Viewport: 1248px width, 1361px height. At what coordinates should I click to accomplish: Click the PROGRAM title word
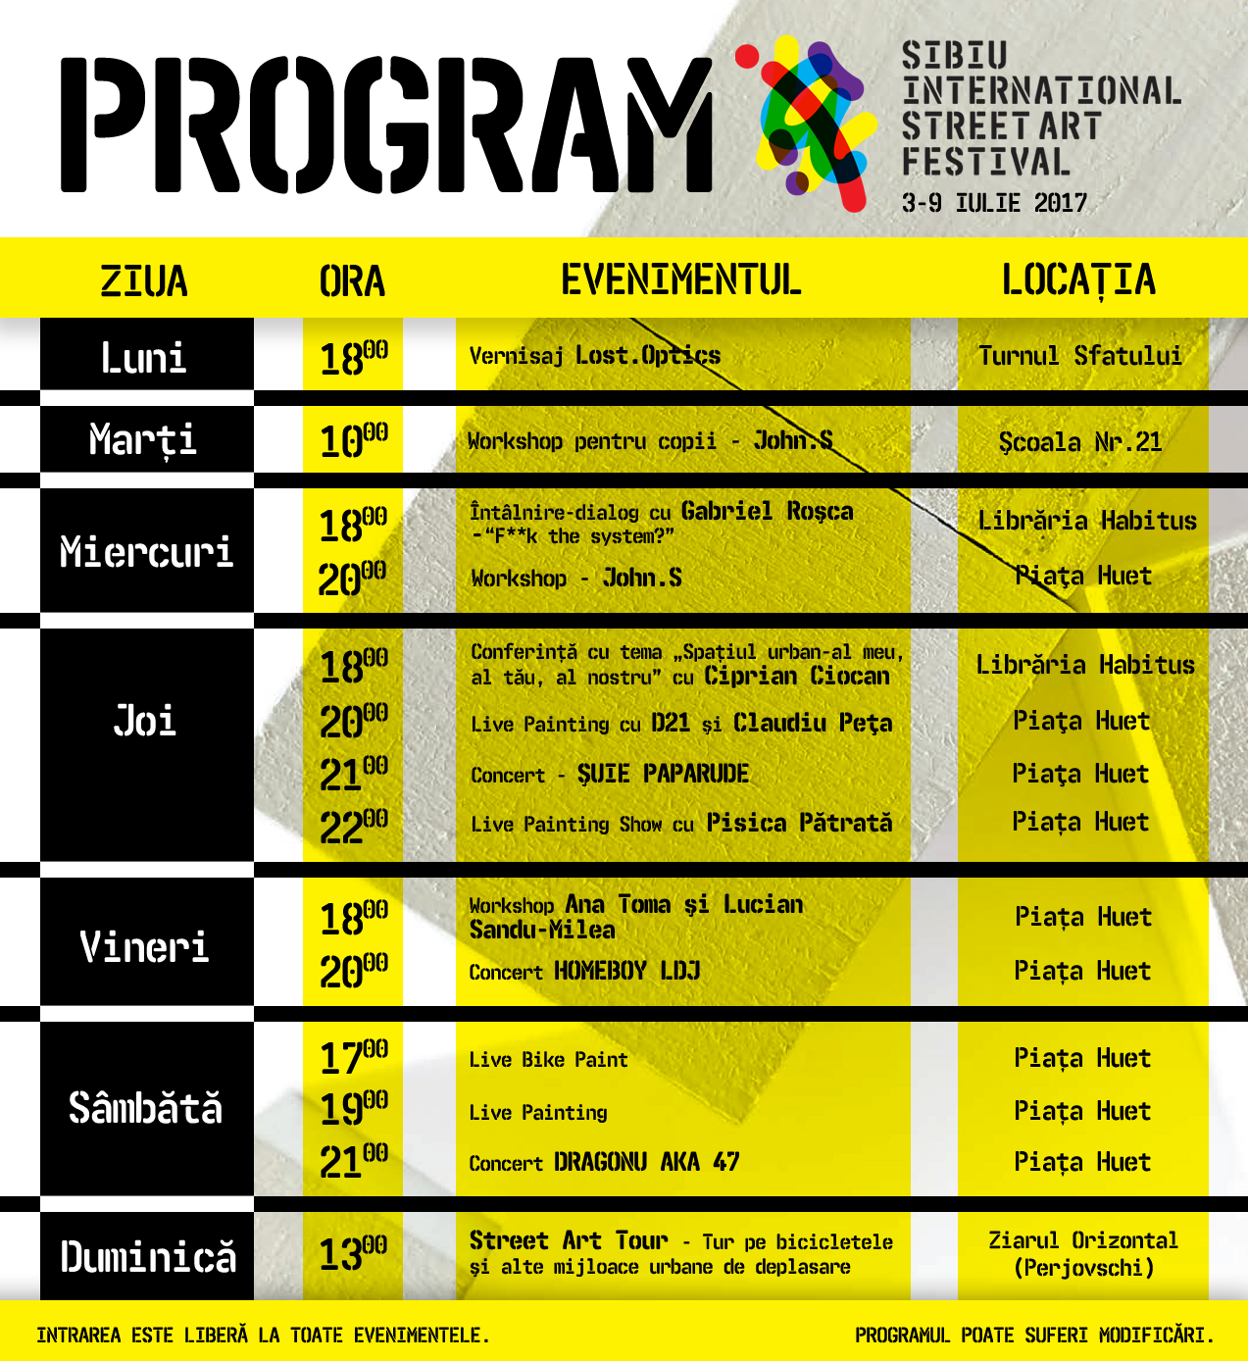point(387,124)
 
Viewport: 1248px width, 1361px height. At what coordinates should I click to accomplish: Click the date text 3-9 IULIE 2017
point(994,204)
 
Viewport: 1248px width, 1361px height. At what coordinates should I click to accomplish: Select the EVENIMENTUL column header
point(681,280)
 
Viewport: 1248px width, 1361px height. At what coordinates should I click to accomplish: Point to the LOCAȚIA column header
point(1078,280)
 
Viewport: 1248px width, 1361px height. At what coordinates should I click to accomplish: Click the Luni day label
point(144,357)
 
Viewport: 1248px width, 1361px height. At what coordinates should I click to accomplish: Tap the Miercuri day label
point(146,552)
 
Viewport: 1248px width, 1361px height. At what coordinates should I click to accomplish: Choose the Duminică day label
point(148,1257)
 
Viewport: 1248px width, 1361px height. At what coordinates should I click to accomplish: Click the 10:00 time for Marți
point(354,440)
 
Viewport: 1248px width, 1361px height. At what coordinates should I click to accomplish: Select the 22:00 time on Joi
point(354,827)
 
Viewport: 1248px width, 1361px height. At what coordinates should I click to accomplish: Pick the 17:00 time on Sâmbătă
point(354,1057)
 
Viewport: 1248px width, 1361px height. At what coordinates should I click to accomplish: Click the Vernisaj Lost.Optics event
point(594,356)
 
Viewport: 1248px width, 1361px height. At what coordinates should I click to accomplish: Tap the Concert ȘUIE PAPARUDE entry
point(610,775)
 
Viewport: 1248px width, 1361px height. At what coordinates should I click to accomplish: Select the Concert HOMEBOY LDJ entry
point(584,972)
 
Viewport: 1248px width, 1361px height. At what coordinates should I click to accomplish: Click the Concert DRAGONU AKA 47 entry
point(604,1163)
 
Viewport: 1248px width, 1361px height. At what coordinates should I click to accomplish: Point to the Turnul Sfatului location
point(1080,355)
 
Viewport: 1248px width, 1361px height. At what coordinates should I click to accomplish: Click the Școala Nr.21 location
point(1080,442)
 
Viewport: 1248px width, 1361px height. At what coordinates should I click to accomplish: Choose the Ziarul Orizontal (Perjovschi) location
point(1083,1254)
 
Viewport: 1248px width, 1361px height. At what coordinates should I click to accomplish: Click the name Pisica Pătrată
point(799,823)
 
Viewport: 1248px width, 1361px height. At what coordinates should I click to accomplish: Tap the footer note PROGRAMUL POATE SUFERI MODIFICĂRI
point(1034,1336)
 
